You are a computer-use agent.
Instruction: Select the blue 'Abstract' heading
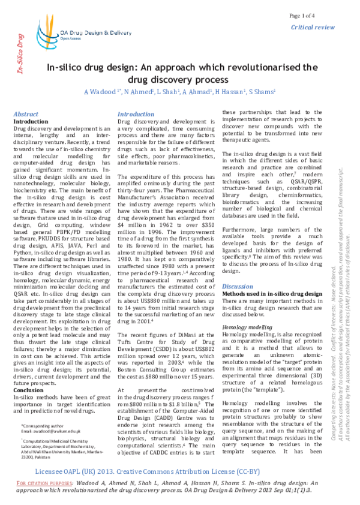point(26,114)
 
